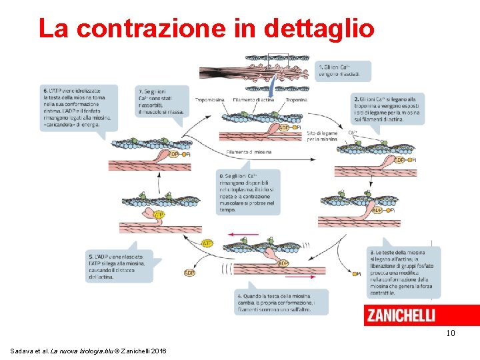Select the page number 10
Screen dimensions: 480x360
click(x=450, y=333)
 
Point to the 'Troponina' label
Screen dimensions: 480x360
click(x=296, y=100)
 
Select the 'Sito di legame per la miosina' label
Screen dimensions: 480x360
click(x=322, y=136)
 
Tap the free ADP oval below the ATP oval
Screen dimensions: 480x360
click(x=189, y=272)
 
